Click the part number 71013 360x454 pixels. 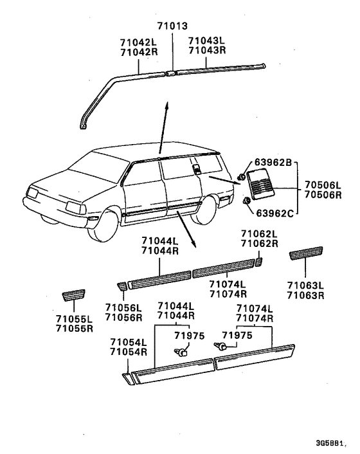pyautogui.click(x=172, y=26)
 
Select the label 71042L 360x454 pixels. pyautogui.click(x=138, y=42)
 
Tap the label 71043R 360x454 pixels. pyautogui.click(x=207, y=50)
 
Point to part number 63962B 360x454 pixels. pyautogui.click(x=273, y=163)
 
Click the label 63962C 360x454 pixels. pyautogui.click(x=275, y=213)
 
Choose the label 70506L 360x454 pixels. pyautogui.click(x=323, y=185)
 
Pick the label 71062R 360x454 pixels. pyautogui.click(x=260, y=244)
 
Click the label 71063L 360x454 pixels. pyautogui.click(x=305, y=286)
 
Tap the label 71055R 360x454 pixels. pyautogui.click(x=75, y=329)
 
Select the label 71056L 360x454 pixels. pyautogui.click(x=123, y=307)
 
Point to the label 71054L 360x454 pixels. pyautogui.click(x=129, y=342)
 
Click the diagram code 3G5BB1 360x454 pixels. pyautogui.click(x=330, y=443)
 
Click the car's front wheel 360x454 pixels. pyautogui.click(x=102, y=226)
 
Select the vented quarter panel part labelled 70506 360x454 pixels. pyautogui.click(x=260, y=184)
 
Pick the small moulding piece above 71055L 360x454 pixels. pyautogui.click(x=73, y=295)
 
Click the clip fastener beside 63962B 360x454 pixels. pyautogui.click(x=241, y=177)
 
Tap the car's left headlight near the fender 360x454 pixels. pyautogui.click(x=76, y=207)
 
